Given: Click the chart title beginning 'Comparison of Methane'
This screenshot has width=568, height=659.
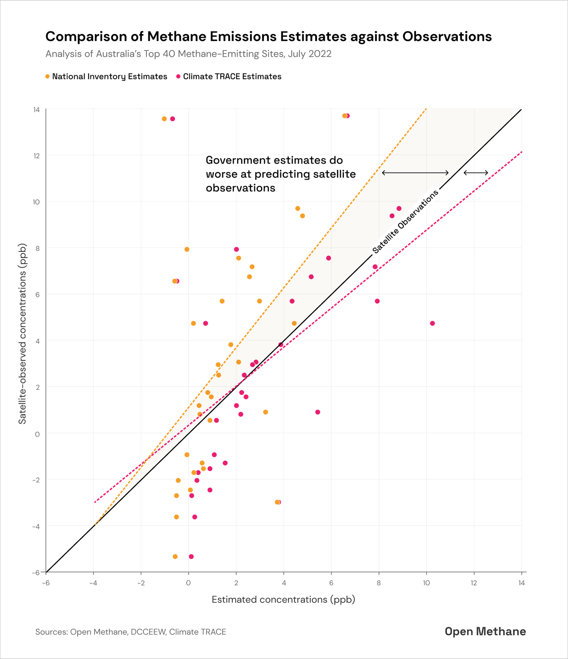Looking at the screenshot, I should point(268,37).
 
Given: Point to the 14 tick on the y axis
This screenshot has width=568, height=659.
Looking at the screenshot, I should point(37,110).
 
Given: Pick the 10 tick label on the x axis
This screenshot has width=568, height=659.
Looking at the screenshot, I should point(426,583).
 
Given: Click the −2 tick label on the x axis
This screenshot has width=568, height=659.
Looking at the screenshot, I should point(141,583).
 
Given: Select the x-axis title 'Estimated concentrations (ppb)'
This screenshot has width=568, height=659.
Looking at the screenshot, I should point(283,599).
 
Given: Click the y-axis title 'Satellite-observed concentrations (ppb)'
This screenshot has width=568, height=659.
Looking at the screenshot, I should point(23,334).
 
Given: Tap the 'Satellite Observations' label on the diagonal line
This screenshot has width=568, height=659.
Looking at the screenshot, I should point(405,221).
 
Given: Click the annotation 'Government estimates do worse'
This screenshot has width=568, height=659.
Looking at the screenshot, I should point(281,174).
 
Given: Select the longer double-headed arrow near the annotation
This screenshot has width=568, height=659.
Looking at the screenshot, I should point(415,173).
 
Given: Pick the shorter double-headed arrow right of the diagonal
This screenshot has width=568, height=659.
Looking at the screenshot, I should point(476,173).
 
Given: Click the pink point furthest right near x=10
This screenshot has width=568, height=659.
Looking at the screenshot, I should point(432,324).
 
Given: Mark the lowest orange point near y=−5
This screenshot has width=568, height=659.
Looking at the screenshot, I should point(175,556).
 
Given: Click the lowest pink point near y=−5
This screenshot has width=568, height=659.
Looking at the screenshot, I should point(191,556).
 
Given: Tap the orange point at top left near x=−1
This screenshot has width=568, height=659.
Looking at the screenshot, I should point(164,119).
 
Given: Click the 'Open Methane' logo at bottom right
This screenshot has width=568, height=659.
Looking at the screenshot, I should point(485,632).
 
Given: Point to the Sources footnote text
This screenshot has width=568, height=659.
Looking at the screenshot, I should point(131,632).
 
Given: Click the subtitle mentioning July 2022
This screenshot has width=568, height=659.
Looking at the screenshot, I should point(188,54).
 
